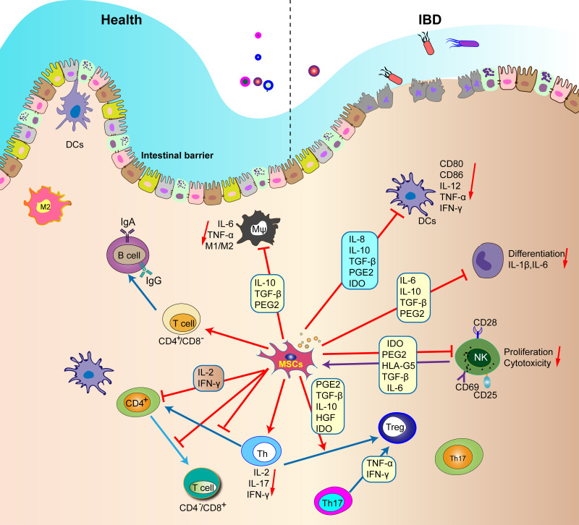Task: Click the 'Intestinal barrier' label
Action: [181, 155]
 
